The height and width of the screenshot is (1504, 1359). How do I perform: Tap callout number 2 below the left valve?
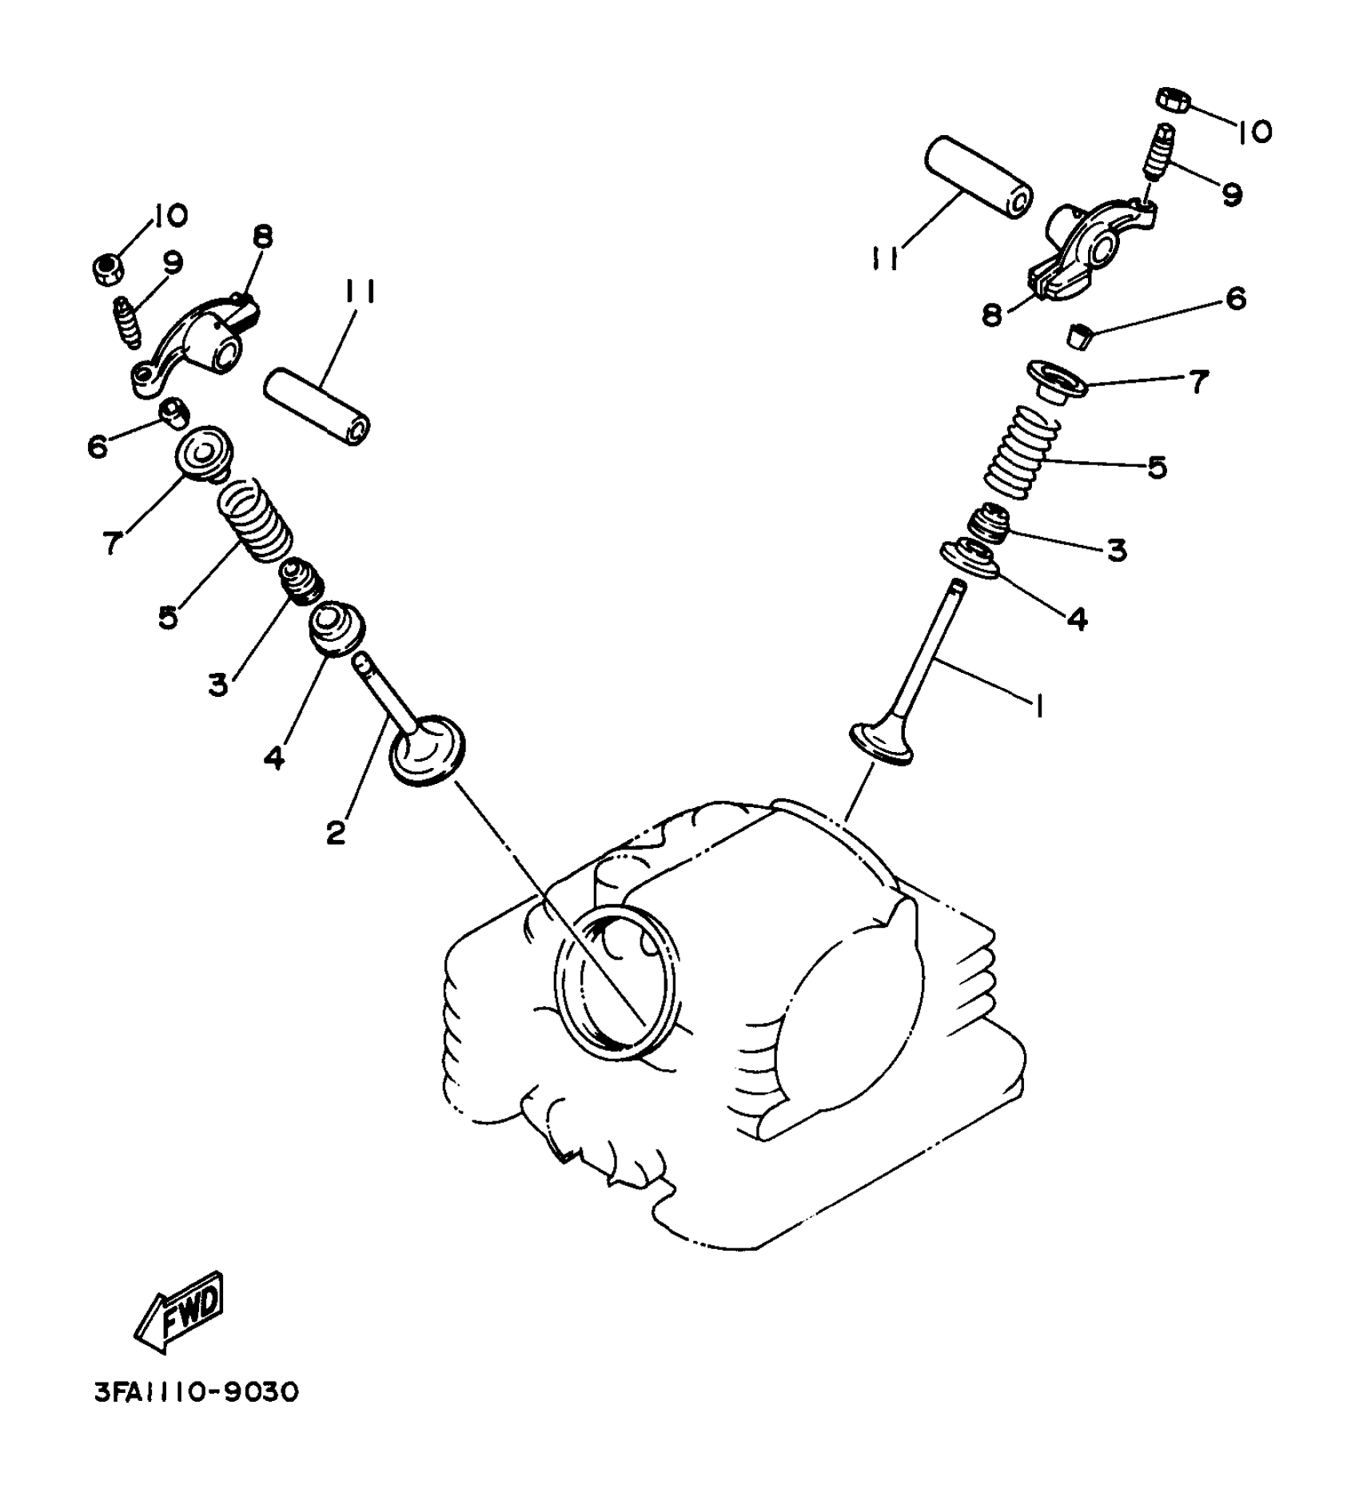coord(337,833)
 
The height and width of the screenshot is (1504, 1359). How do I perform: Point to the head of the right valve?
coord(881,743)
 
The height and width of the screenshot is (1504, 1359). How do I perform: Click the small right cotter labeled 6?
coord(1081,335)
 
